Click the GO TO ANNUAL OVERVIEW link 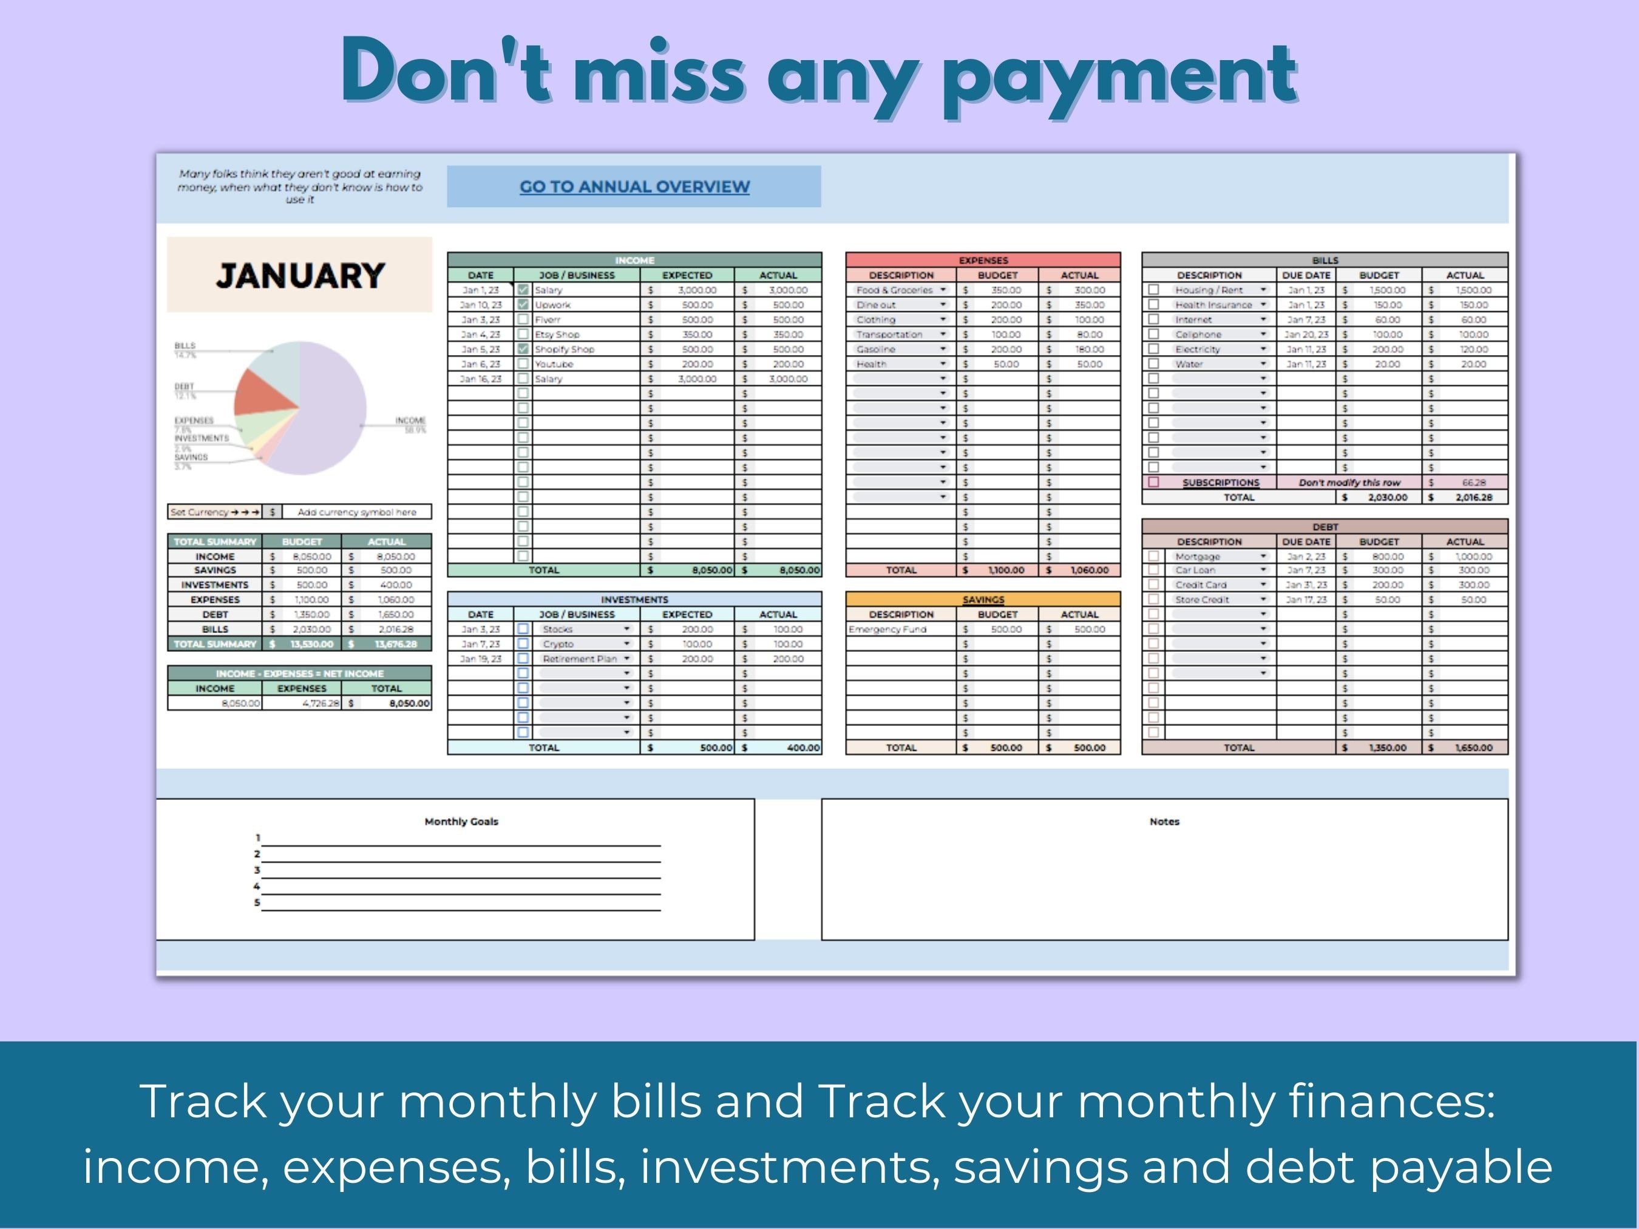tap(634, 187)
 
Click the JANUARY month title tap(300, 276)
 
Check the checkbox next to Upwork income tap(523, 305)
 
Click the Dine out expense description tap(876, 305)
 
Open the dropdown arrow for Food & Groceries tap(943, 289)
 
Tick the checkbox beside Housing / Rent tap(1153, 289)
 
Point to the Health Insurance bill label tap(1213, 305)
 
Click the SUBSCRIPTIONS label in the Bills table tap(1220, 482)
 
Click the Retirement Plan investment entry tap(580, 659)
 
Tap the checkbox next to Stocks tap(523, 629)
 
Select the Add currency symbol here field tap(356, 512)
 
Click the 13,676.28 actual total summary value tap(396, 644)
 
